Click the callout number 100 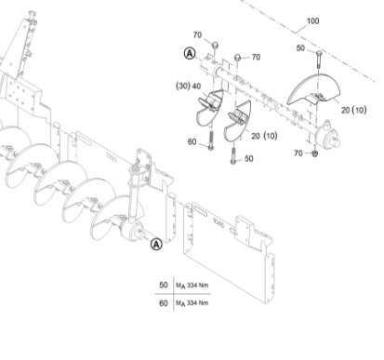pos(312,21)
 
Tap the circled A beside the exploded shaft pos(190,53)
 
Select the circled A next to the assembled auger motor pos(156,245)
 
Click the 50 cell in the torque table pos(164,285)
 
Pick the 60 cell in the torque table pos(164,303)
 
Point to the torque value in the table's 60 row pos(192,303)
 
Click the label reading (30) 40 pos(189,86)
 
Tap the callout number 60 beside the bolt pos(192,141)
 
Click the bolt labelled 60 pos(211,140)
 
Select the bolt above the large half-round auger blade pos(319,60)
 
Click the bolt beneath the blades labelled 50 pos(233,155)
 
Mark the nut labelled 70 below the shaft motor pos(314,153)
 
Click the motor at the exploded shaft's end pos(327,136)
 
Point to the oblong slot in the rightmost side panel pos(201,212)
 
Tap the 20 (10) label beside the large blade pos(353,110)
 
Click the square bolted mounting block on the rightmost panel pos(245,229)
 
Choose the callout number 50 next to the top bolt pos(300,48)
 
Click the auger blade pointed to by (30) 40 pos(209,107)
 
